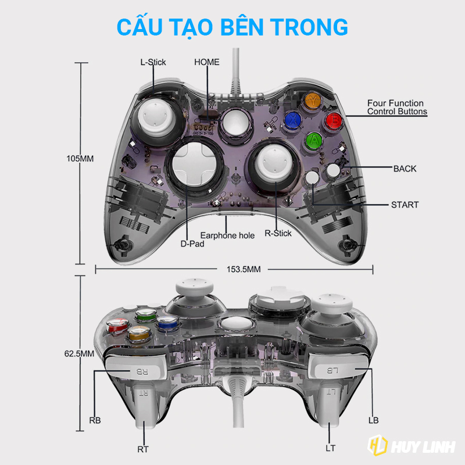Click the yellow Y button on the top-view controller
tap(314, 100)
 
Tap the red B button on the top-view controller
tap(333, 120)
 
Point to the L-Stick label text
tap(153, 62)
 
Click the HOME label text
tap(207, 62)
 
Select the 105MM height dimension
tap(80, 159)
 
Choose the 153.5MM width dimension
tap(235, 269)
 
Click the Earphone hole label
tap(227, 235)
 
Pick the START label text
tap(405, 205)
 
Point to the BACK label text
tap(405, 169)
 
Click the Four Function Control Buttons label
tap(396, 108)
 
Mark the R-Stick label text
tap(278, 233)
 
